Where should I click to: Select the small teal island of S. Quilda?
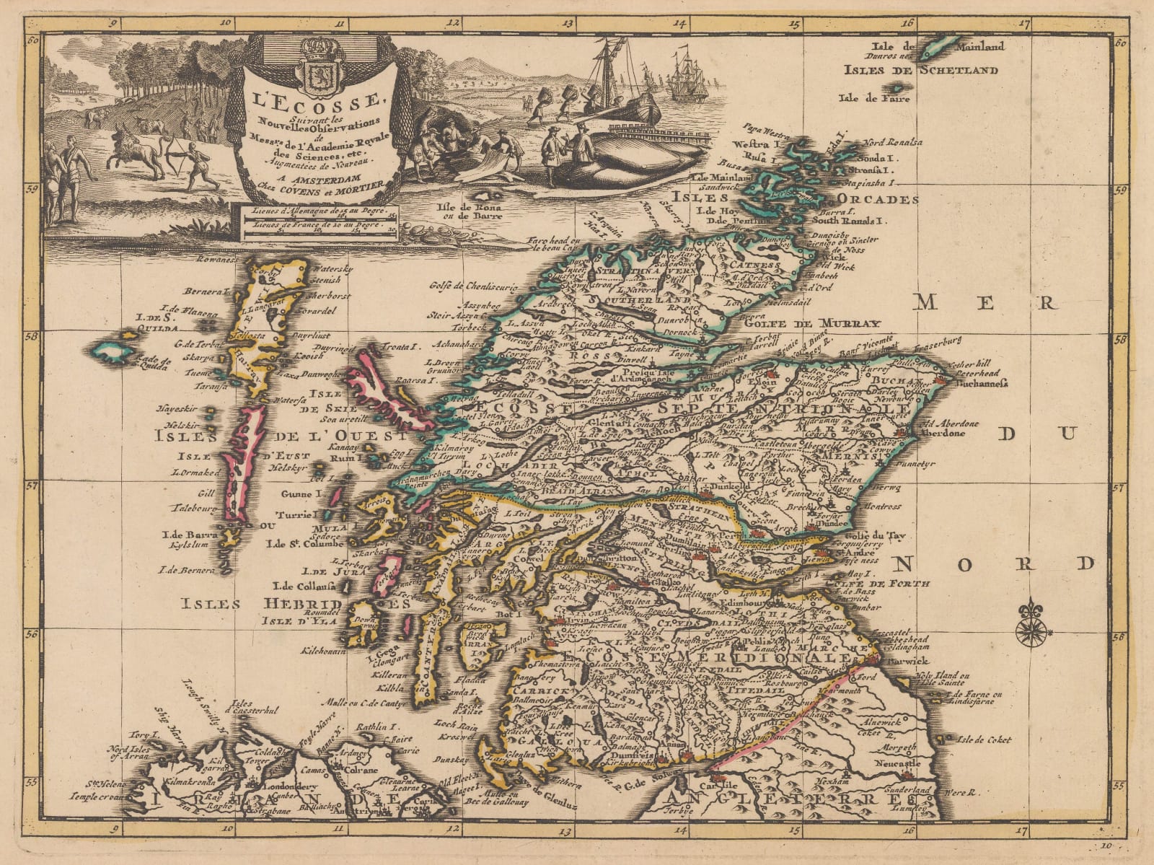111,351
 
